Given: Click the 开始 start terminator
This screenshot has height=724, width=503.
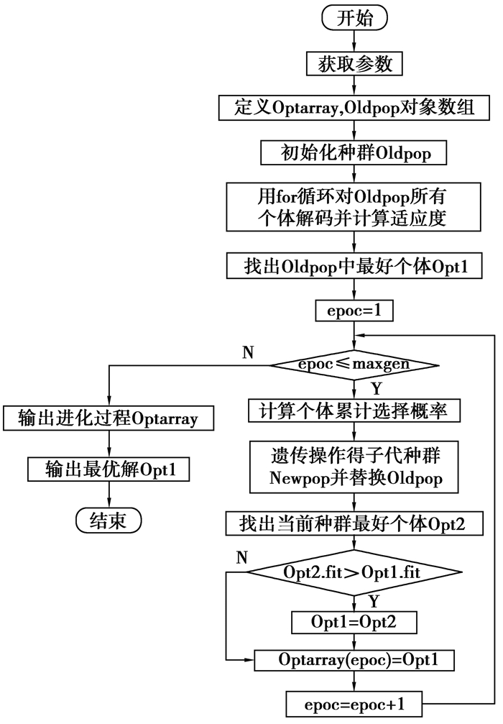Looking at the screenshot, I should click(x=354, y=18).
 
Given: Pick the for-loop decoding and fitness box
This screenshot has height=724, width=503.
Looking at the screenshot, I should click(x=354, y=206).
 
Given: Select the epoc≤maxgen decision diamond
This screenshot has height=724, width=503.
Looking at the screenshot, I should click(x=354, y=365).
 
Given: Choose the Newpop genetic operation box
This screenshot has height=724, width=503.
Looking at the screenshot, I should click(x=354, y=467).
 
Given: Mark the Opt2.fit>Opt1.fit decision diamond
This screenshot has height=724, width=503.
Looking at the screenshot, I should click(x=354, y=574).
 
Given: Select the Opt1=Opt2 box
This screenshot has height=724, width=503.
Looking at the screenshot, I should click(x=354, y=621).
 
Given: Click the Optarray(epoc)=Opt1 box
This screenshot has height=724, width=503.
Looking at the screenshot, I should click(x=354, y=659).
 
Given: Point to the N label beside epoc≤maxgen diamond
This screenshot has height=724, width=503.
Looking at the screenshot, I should click(x=249, y=352).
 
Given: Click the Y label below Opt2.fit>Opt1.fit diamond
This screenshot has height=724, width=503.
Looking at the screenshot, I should click(x=373, y=601).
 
